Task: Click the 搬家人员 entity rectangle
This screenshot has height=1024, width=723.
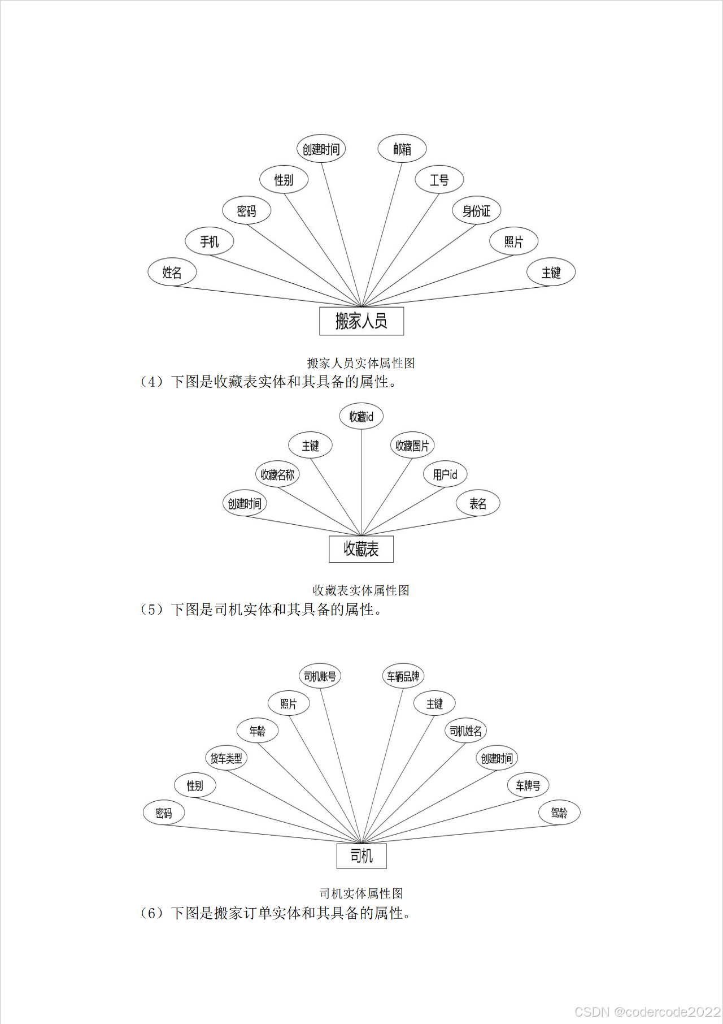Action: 361,321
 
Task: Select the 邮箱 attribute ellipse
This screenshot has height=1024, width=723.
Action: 402,149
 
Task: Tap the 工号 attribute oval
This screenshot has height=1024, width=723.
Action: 439,180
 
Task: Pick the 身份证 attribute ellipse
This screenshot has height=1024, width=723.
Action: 477,211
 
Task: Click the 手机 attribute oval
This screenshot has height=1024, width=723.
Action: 210,241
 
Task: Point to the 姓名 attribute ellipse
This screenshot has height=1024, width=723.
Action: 172,272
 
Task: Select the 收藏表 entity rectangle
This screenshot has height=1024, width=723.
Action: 361,548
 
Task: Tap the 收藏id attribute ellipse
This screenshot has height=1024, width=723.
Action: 361,417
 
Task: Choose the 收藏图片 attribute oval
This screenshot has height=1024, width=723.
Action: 412,446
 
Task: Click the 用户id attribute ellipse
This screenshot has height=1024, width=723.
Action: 445,474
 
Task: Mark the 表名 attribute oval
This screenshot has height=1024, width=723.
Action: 478,503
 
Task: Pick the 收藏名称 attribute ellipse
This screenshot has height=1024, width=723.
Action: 277,474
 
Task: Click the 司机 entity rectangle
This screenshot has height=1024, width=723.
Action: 361,856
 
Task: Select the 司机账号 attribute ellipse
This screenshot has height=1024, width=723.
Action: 320,676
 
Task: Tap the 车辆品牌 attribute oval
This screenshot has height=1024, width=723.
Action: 403,676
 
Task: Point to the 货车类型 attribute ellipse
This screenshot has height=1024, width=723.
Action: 226,758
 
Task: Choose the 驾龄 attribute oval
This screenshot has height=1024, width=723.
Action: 559,813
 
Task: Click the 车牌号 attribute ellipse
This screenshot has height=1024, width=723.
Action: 528,785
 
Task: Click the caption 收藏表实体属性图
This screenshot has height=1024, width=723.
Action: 361,590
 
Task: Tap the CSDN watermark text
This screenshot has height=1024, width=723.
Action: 647,1012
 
